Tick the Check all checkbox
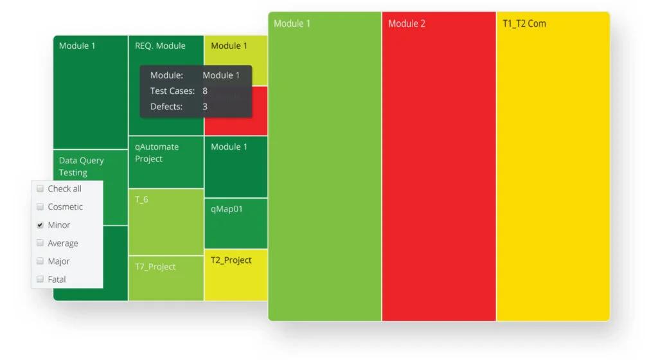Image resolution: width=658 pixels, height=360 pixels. tap(40, 189)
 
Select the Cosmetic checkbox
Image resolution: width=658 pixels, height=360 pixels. tap(40, 207)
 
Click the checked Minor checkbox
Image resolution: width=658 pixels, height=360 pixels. tap(40, 225)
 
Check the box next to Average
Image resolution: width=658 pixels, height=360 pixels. tap(40, 243)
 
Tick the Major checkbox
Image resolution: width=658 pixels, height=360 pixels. tap(40, 261)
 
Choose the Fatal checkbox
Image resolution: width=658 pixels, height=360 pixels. tap(40, 279)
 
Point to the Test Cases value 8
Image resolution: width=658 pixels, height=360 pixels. tap(205, 91)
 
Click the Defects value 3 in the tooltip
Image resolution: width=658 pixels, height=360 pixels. tap(205, 106)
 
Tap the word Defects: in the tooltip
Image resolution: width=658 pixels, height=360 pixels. tap(166, 106)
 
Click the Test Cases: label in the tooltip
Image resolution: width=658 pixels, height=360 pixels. tap(172, 91)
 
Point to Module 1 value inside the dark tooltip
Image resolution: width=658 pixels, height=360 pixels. tap(221, 75)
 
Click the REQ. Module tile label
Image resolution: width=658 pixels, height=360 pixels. tap(160, 46)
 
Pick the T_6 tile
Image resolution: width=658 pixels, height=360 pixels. tap(166, 222)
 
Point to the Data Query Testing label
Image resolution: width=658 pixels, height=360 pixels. tap(82, 166)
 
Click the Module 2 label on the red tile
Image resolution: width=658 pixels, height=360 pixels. tap(407, 24)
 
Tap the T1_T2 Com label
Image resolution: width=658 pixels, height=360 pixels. tap(524, 24)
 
